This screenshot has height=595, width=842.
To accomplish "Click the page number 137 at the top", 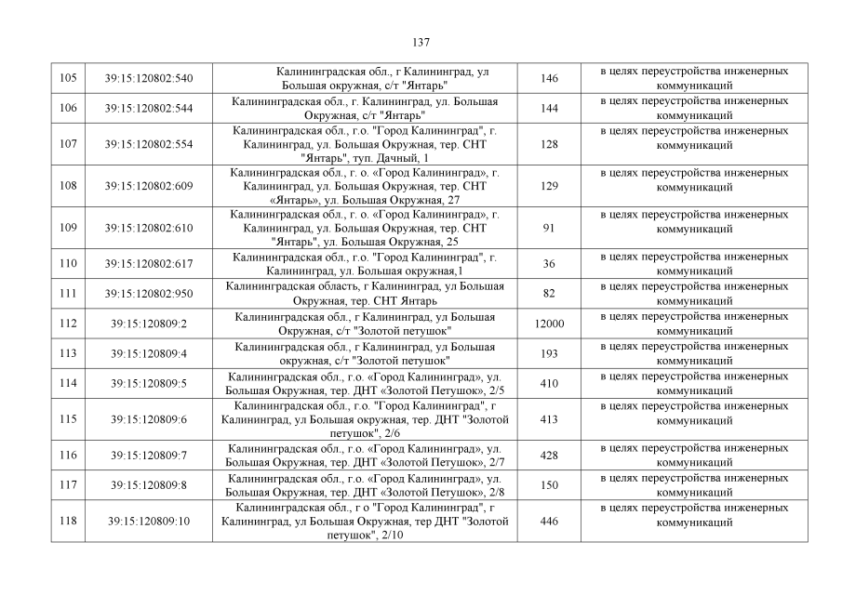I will point(421,42).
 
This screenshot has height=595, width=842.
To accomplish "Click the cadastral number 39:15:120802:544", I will point(149,109).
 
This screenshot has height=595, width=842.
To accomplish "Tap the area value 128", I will point(549,144).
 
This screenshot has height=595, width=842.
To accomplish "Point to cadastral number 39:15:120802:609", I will point(149,186).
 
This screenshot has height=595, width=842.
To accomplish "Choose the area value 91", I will point(549,228).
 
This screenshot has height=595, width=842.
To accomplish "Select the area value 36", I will point(549,263).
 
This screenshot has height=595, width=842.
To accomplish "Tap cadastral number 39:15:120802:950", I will point(149,294).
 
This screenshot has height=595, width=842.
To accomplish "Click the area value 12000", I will point(549,324).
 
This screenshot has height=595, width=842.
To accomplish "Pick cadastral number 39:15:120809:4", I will point(149,353).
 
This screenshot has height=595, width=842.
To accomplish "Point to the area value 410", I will point(549,383).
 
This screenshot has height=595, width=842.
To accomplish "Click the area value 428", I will point(549,455).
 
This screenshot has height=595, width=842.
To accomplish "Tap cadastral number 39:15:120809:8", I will point(149,484).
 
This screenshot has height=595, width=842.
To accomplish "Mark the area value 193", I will point(549,353).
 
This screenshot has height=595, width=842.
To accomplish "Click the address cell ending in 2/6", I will point(365,419).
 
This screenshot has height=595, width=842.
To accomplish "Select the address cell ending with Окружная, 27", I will point(365,186).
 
